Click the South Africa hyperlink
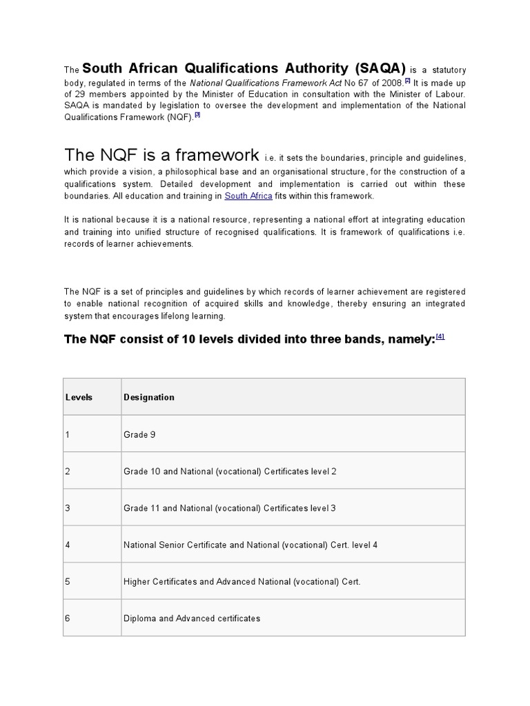coord(248,196)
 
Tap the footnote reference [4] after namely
coord(440,336)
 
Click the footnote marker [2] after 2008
coord(408,80)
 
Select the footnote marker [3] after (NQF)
coord(197,115)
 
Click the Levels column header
coord(79,397)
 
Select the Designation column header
coord(149,397)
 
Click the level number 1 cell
coord(68,434)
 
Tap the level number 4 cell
coord(68,545)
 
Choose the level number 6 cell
coord(68,618)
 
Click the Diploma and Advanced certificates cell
coord(192,618)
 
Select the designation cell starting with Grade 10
coord(230,472)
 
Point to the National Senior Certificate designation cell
coord(251,545)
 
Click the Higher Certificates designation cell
coord(242,582)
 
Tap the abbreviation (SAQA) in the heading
coord(378,68)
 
